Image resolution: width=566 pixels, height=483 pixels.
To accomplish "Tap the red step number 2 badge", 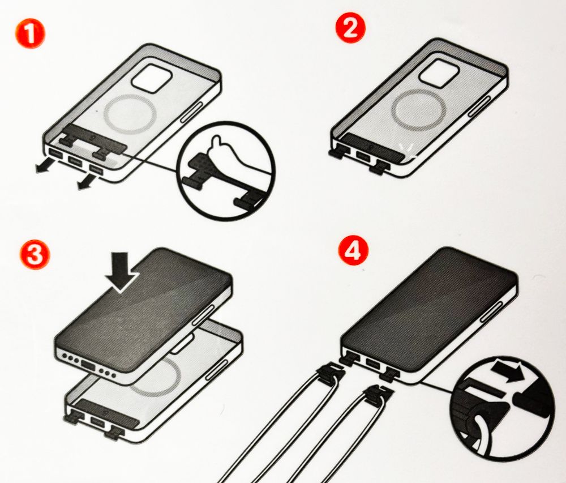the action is (x=350, y=28).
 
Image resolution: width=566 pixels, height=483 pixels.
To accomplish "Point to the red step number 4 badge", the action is (x=353, y=250).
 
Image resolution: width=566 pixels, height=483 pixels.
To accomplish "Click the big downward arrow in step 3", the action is (x=122, y=271).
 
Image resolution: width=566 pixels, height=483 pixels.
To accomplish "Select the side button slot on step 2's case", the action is (x=480, y=106).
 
